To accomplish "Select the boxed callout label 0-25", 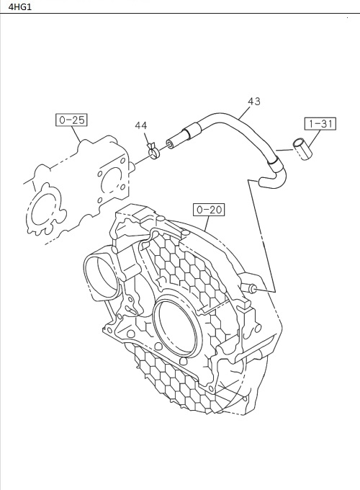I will coord(71,120).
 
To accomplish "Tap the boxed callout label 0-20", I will coord(209,210).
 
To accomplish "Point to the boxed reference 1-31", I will coord(320,123).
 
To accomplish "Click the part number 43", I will coord(253,102).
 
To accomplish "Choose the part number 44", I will coord(141,126).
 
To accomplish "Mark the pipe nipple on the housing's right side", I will coord(253,288).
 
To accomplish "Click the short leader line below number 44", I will coord(146,138).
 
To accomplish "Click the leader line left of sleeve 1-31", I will coord(284,150).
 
